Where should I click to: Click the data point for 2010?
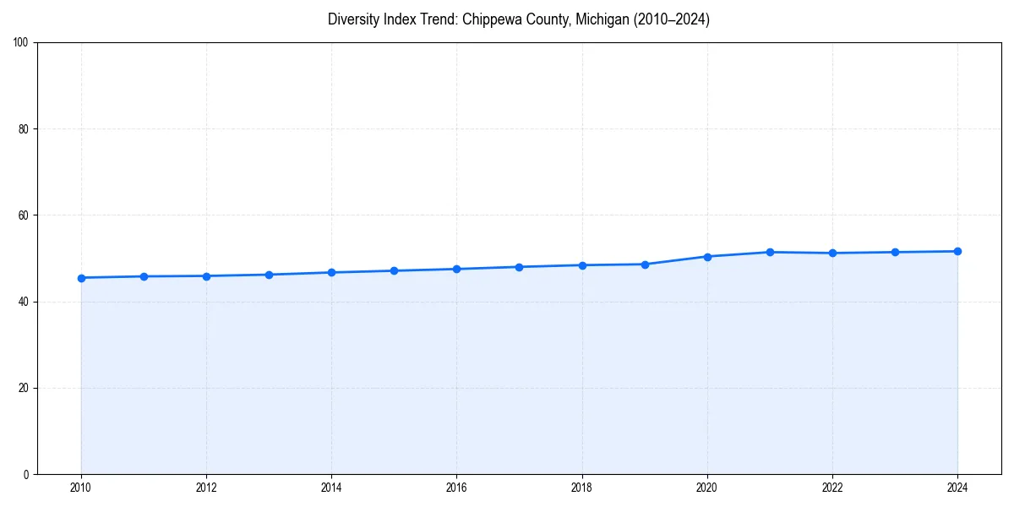81,278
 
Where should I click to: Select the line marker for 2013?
269,275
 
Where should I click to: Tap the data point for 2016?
456,269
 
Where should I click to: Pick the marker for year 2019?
645,264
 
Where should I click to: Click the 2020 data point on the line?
707,256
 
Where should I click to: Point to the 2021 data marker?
770,252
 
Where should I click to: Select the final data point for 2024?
957,251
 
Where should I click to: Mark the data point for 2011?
144,276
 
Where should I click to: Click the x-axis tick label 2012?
206,488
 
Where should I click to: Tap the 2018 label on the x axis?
581,488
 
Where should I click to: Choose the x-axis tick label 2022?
832,488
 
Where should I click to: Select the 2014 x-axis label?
331,488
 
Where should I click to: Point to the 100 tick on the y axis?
22,43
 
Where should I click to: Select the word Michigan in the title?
598,19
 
